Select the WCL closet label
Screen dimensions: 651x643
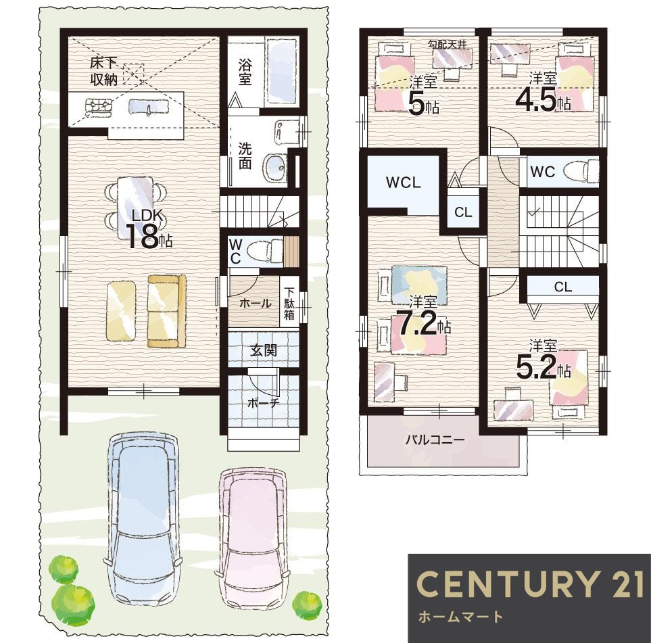(x=403, y=182)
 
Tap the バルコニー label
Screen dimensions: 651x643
(x=435, y=439)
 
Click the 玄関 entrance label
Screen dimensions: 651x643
(x=264, y=350)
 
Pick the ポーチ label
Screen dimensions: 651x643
(x=262, y=402)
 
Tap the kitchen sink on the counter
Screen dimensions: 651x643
(x=149, y=107)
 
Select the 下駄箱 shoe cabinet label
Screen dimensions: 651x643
(x=289, y=303)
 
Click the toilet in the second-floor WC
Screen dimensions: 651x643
(x=581, y=171)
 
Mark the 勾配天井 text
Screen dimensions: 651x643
(x=448, y=44)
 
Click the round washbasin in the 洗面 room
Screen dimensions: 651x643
(x=274, y=166)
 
